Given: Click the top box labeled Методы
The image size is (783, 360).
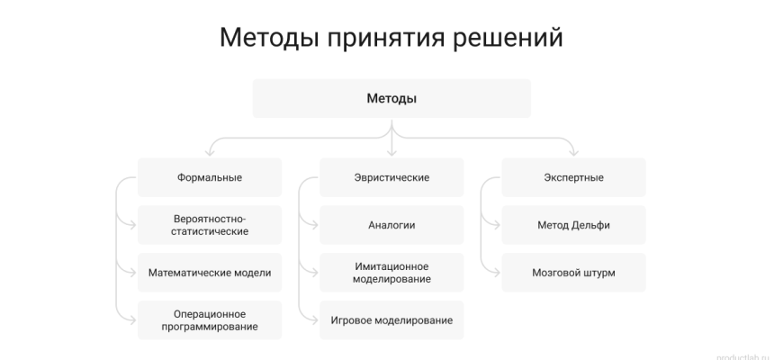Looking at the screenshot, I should point(391,98).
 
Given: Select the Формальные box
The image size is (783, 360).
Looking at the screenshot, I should point(210,177).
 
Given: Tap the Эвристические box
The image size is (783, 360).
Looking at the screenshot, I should point(391,177).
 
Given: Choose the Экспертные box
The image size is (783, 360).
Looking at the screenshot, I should point(573,177).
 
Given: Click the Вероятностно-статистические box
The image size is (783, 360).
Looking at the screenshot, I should point(210,225).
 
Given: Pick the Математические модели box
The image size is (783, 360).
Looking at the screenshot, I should point(210,273).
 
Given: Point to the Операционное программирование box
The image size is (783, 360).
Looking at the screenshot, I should point(210,320).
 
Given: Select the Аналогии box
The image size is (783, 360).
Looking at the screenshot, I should point(391,225).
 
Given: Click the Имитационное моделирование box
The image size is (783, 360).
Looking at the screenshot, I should point(391,273).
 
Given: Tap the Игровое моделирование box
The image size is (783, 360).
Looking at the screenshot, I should point(391,320).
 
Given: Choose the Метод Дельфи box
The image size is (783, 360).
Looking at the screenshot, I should point(573,225).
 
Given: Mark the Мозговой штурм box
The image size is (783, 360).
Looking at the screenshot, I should point(573,273).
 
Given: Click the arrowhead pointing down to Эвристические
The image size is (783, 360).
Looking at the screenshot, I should point(391,153).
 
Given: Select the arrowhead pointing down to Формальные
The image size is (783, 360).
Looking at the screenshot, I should point(210,153).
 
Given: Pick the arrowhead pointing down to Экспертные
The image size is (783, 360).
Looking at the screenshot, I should point(573,153).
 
